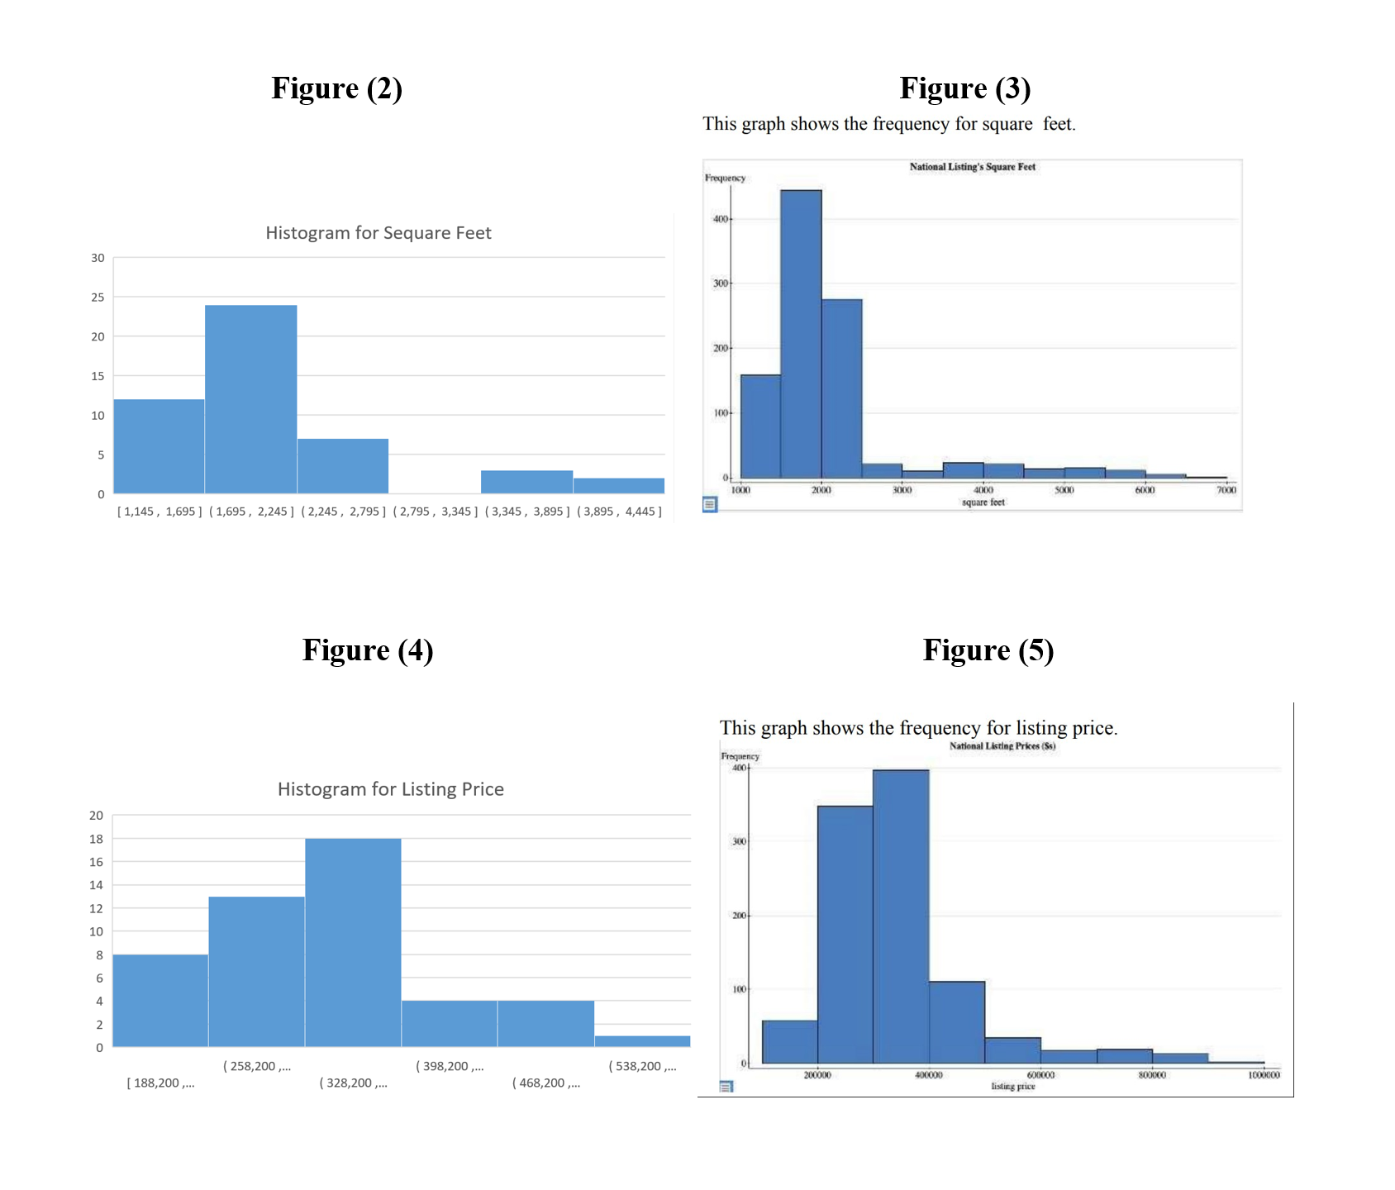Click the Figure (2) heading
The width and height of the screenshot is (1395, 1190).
pos(336,88)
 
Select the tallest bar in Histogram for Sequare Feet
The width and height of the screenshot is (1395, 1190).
pos(250,399)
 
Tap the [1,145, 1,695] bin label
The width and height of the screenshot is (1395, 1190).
pos(159,512)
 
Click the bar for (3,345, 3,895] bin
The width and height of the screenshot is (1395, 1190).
pos(526,482)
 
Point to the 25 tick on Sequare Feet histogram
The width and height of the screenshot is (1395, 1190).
pos(98,297)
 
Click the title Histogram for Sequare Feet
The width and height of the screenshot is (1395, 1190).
pos(379,233)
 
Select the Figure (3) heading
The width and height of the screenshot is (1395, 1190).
pos(964,88)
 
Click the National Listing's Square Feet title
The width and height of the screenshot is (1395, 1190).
pos(972,167)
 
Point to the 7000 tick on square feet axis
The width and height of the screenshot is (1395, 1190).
pos(1226,490)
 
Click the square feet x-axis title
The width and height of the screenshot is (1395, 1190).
pos(983,502)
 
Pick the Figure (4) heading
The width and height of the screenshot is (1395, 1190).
pos(368,650)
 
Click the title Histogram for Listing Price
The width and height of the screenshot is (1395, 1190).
pos(390,789)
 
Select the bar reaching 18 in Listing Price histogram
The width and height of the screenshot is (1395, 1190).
pos(353,942)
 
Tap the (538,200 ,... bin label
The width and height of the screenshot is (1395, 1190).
pos(642,1066)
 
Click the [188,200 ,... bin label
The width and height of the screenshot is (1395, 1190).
pos(160,1083)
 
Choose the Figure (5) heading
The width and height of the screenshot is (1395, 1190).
pos(988,650)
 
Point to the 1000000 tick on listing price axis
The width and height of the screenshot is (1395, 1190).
pos(1263,1075)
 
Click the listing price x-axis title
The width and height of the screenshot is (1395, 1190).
pos(1012,1086)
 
